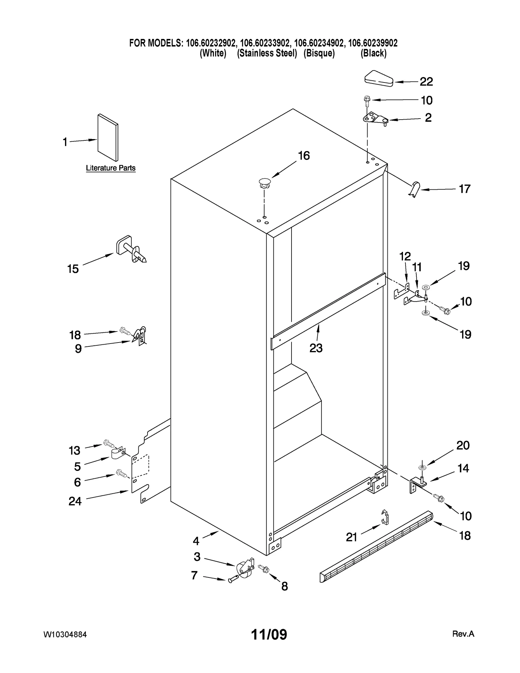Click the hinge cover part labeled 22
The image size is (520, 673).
[x=379, y=79]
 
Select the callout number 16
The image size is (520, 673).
[x=304, y=156]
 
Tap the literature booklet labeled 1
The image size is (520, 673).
[x=108, y=137]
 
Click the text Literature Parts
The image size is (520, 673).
[x=110, y=168]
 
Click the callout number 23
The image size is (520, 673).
[x=316, y=348]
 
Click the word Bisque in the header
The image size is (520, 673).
[x=319, y=53]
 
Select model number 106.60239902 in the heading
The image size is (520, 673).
[x=373, y=43]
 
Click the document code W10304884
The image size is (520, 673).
[x=65, y=635]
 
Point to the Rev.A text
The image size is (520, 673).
[x=463, y=634]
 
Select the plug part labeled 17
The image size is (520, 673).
[x=415, y=189]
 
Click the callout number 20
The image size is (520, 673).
[x=463, y=445]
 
